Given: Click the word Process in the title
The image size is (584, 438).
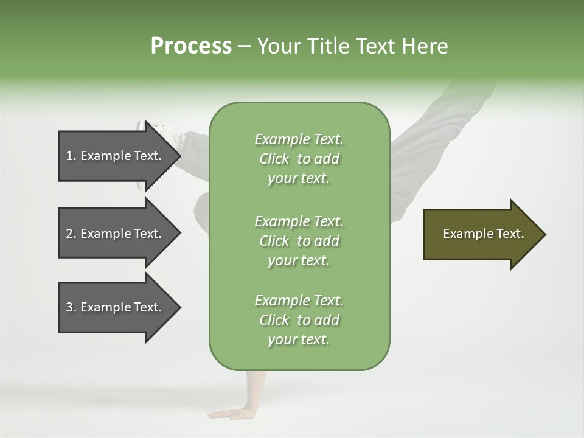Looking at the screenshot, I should [190, 46].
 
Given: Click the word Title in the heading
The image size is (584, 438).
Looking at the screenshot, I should [325, 46].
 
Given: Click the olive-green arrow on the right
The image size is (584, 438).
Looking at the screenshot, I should [481, 234].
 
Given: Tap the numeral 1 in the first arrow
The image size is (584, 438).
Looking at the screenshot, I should [69, 156].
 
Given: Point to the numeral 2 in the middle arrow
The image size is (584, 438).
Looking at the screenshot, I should [69, 234].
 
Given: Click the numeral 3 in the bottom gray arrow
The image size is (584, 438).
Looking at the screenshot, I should [69, 307].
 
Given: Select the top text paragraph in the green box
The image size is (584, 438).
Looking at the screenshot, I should [299, 159].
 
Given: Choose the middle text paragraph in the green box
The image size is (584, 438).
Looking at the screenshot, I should [299, 241].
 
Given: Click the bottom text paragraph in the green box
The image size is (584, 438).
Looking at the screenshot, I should [299, 320].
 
